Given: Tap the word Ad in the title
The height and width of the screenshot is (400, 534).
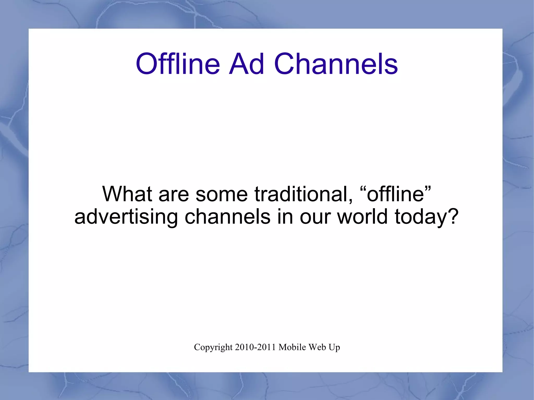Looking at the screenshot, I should click(x=246, y=64).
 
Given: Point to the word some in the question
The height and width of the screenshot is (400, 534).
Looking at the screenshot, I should click(x=221, y=194).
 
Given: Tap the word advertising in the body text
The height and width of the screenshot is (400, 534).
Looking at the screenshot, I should click(x=126, y=217).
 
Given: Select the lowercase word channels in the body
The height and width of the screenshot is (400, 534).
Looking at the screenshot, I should click(x=227, y=217).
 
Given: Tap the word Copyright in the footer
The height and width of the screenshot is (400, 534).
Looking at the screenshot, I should click(x=213, y=347).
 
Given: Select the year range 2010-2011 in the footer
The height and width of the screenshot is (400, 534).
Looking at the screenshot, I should click(x=255, y=347).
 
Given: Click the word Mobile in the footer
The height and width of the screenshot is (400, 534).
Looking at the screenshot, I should click(x=292, y=347).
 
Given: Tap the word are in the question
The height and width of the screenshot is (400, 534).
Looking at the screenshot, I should click(x=174, y=194).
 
